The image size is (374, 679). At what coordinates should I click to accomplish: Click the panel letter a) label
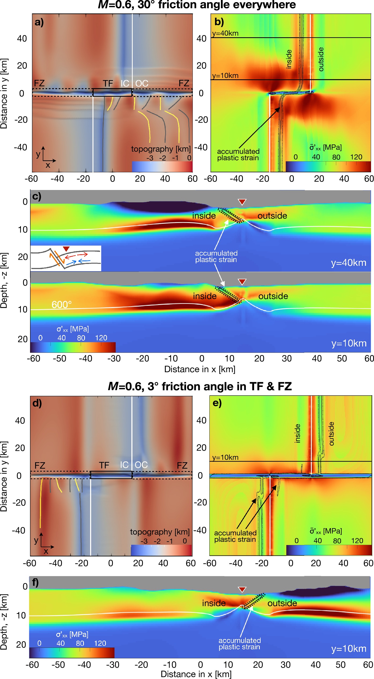point(39,22)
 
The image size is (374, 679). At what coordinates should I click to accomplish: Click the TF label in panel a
point(108,83)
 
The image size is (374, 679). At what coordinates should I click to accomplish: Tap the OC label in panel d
point(141,465)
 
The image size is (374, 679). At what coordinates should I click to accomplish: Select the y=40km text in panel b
point(225,33)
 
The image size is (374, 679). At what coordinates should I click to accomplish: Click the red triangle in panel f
point(242,589)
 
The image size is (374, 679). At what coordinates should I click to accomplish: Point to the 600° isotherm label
point(61,305)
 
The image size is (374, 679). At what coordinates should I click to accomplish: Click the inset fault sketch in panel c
point(66,258)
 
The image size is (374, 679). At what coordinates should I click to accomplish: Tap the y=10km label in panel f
point(349,649)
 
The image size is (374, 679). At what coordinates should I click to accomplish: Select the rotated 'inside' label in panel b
point(289,59)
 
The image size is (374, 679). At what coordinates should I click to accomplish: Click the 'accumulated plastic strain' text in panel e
point(235,536)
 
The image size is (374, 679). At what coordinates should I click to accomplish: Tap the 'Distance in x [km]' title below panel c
point(200,369)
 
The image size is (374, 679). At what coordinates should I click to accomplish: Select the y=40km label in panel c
point(349,263)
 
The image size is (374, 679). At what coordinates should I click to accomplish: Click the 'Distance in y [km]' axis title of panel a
point(4,93)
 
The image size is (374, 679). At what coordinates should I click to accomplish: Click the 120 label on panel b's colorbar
point(356,157)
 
